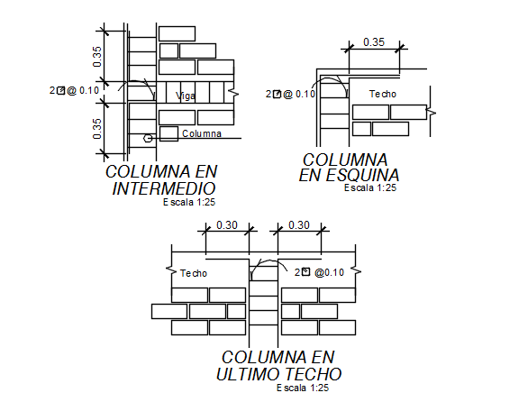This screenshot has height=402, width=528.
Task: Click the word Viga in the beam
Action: click(x=186, y=96)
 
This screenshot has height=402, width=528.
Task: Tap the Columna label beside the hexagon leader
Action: click(x=202, y=133)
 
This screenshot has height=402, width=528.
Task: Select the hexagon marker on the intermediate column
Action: click(x=148, y=138)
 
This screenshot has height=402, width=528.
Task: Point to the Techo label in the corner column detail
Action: click(x=383, y=94)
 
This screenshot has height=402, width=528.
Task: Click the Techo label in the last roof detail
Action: click(x=194, y=273)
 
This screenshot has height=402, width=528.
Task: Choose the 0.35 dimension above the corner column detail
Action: click(x=374, y=42)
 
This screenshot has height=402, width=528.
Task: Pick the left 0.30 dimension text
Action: click(x=227, y=224)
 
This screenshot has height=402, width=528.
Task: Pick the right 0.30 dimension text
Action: click(x=299, y=224)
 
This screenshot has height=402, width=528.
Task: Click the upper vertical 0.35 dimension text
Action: click(x=96, y=57)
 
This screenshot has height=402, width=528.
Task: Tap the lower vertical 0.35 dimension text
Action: click(x=96, y=129)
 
